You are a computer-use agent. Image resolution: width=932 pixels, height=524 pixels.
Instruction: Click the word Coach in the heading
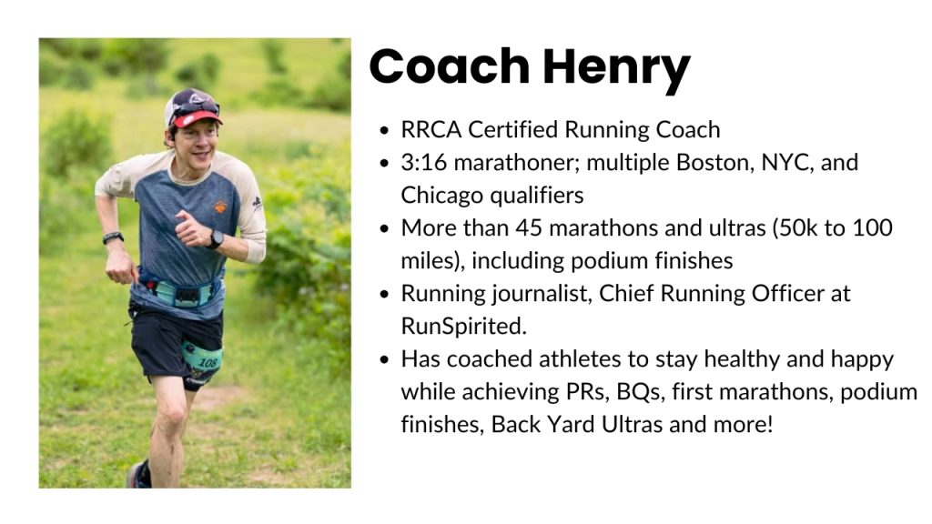[450, 65]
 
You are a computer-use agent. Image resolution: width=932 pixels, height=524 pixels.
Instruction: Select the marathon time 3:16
[424, 162]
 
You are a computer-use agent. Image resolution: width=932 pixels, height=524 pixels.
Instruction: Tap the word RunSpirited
[463, 327]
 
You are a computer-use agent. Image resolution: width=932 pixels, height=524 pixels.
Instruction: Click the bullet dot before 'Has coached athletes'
[385, 360]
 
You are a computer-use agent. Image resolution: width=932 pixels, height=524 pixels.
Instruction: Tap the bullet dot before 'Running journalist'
[385, 294]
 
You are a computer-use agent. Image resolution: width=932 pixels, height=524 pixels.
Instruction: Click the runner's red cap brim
[197, 117]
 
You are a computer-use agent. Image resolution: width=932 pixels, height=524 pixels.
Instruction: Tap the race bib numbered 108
[204, 359]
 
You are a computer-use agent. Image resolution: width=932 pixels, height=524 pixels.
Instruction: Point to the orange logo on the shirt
[220, 207]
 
